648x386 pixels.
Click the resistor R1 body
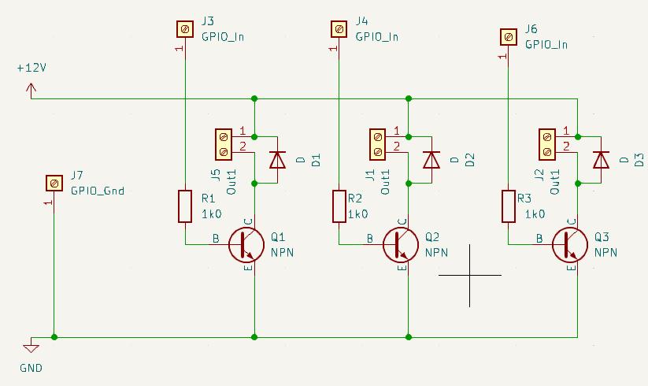(x=185, y=206)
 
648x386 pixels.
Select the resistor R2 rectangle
(x=339, y=206)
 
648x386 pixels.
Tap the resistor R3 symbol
(x=509, y=206)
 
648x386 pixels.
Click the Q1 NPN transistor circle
(x=246, y=245)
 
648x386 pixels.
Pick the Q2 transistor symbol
(x=401, y=245)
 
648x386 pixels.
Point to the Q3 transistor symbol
(x=570, y=245)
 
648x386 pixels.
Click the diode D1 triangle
(x=277, y=160)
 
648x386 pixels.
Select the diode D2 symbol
(x=431, y=160)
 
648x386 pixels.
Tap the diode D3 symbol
(x=601, y=160)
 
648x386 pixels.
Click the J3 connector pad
(x=185, y=29)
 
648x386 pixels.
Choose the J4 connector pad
(x=339, y=29)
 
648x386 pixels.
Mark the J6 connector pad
(x=509, y=37)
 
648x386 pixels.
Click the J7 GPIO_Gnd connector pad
(x=54, y=183)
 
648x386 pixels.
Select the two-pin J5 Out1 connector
(x=224, y=145)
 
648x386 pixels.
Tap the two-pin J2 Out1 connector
(x=547, y=145)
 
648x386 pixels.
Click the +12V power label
(x=31, y=68)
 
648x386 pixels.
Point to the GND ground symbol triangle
(x=31, y=348)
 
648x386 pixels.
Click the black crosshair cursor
(x=470, y=275)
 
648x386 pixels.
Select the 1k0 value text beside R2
(x=358, y=214)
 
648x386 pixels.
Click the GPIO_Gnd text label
(x=98, y=191)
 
